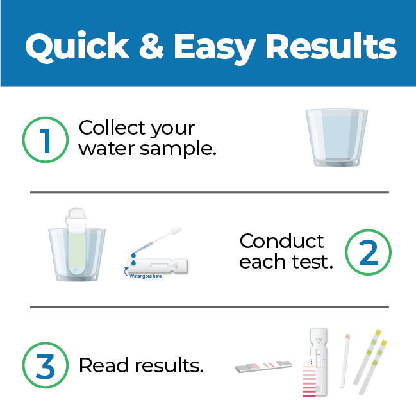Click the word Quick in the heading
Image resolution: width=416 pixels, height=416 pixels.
click(77, 46)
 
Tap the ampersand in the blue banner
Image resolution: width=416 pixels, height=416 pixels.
click(151, 46)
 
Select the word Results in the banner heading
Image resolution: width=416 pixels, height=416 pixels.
click(331, 46)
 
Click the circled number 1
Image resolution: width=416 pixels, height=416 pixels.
click(46, 140)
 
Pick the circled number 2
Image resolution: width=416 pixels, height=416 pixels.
click(368, 253)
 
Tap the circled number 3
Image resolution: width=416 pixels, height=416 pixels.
click(46, 365)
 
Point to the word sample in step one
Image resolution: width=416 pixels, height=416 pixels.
click(176, 149)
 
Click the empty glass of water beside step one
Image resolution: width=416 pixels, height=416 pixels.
click(337, 137)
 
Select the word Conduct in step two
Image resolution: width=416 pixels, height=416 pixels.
click(281, 241)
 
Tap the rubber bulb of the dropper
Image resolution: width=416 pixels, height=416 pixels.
click(176, 230)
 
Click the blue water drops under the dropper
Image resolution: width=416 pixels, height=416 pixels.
click(133, 259)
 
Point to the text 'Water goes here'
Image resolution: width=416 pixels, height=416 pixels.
click(146, 276)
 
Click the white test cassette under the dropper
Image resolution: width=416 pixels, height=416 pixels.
click(157, 265)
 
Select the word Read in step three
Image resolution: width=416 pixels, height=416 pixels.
click(104, 365)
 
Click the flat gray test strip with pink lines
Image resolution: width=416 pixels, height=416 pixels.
click(263, 366)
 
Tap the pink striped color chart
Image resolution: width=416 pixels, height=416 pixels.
click(309, 377)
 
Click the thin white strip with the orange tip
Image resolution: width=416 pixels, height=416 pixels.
click(345, 361)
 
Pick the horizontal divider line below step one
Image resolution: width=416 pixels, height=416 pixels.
click(210, 192)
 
